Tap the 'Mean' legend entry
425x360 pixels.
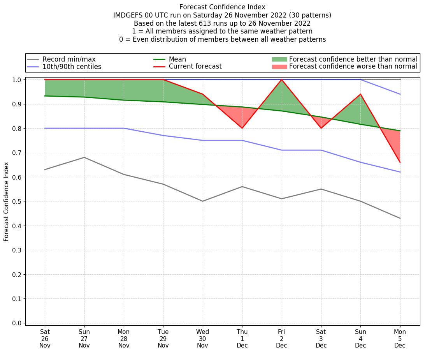[x=177, y=59]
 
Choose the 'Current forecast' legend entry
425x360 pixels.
[x=195, y=67]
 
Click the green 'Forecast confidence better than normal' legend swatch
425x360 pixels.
[x=279, y=59]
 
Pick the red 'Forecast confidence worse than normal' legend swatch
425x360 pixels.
[x=279, y=67]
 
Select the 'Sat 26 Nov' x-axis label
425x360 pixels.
[x=45, y=339]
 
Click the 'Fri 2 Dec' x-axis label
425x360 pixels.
[x=281, y=339]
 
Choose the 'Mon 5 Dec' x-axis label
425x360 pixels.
[x=400, y=339]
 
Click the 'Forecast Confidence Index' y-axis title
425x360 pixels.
[x=6, y=201]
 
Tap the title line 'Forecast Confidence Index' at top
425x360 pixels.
[x=222, y=7]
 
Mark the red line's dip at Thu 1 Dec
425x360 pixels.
[x=242, y=128]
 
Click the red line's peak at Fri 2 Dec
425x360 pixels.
[x=281, y=80]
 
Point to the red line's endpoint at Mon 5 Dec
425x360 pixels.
[x=400, y=162]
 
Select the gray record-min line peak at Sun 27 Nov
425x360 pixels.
[x=84, y=157]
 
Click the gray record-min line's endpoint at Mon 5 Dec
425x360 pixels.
[x=400, y=218]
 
